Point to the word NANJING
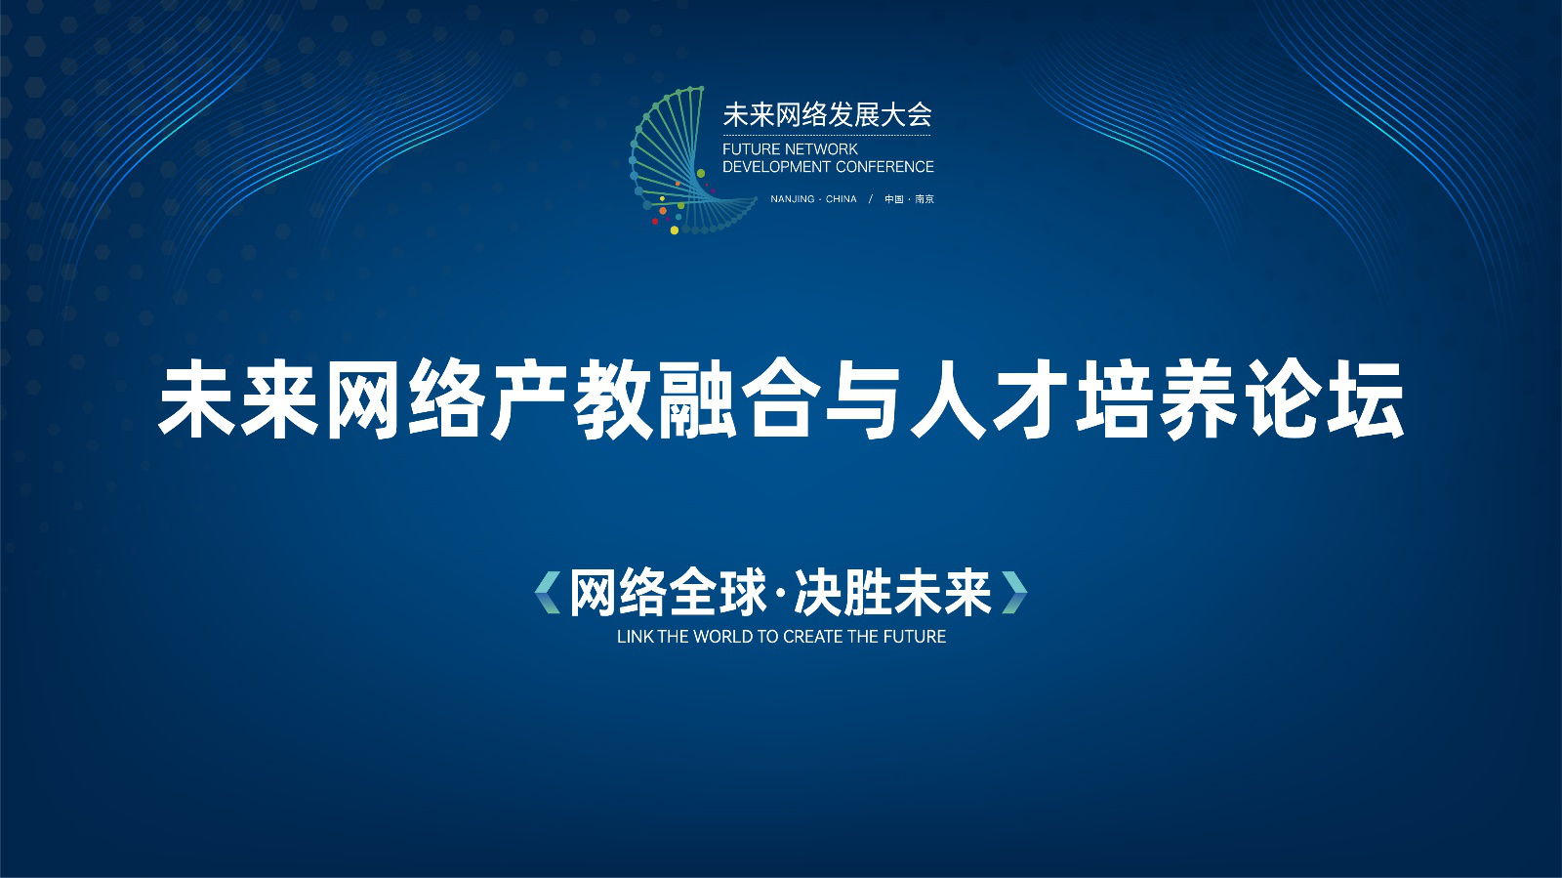792,199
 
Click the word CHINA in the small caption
841,199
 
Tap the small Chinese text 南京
925,199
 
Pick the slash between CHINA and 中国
870,199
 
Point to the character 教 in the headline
614,400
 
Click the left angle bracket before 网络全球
548,593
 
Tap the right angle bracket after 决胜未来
1014,593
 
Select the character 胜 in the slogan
869,593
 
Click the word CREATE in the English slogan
811,637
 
